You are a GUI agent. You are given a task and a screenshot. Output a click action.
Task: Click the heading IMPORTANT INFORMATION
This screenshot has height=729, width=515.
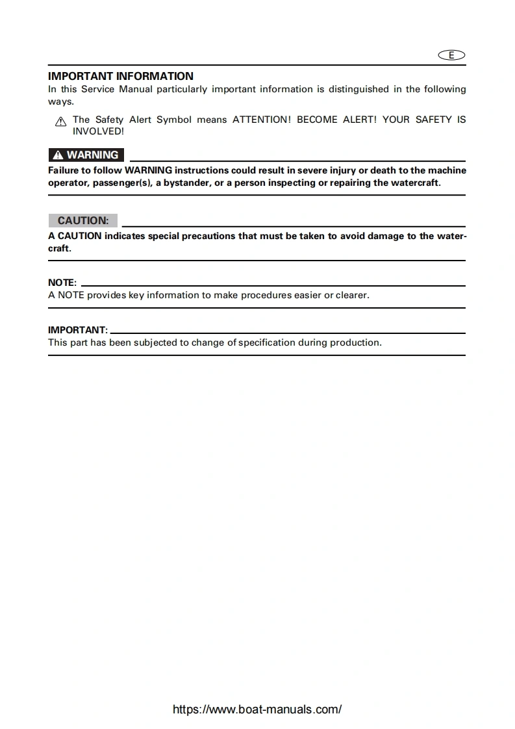pos(121,76)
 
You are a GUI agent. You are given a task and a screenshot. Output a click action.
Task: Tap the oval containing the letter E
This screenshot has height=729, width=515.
pos(452,55)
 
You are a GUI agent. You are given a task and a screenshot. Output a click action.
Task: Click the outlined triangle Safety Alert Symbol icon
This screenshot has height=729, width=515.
pos(60,122)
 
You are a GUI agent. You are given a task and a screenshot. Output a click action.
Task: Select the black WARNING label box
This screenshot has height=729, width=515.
pos(86,155)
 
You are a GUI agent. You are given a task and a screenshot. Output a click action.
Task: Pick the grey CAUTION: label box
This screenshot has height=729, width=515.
pos(83,221)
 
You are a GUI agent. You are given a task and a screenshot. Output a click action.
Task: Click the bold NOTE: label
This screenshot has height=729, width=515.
pos(62,283)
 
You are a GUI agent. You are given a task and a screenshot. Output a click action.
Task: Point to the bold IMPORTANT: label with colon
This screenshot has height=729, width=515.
pos(78,330)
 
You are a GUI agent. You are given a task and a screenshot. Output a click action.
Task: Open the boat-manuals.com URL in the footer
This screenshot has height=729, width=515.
pos(257,710)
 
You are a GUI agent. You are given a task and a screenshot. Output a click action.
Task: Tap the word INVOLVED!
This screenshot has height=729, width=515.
pos(98,131)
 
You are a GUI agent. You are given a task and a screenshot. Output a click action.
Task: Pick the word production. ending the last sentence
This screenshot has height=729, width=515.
pos(356,342)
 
